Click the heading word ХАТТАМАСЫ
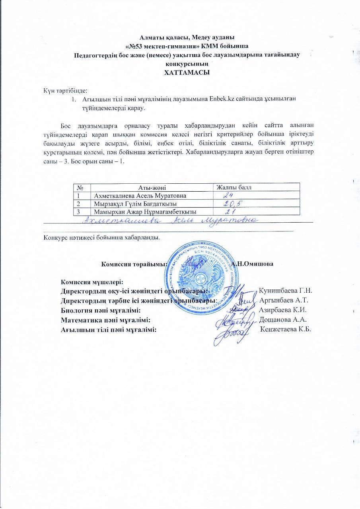click(187, 73)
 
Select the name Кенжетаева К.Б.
click(285, 329)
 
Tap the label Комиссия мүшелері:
click(89, 282)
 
